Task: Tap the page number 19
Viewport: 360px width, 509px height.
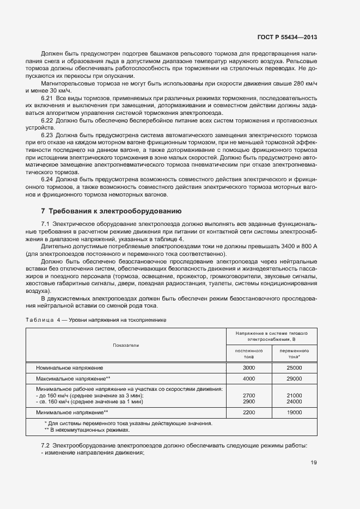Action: pos(314,463)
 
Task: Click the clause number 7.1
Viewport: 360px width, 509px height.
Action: pos(46,224)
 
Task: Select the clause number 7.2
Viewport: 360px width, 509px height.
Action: pos(46,445)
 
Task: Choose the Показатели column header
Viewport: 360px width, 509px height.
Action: pos(126,345)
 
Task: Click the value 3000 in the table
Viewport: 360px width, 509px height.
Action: pos(249,368)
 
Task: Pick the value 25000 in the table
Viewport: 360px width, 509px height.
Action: pos(295,368)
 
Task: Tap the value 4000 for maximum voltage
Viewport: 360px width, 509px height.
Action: pos(249,378)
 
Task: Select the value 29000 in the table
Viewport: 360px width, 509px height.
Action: pos(295,378)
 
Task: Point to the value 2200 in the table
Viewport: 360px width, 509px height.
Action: pos(249,413)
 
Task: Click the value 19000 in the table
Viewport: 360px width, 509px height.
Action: pos(295,413)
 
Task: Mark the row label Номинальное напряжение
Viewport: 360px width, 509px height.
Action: pos(69,368)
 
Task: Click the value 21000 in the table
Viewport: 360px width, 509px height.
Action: pos(295,395)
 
